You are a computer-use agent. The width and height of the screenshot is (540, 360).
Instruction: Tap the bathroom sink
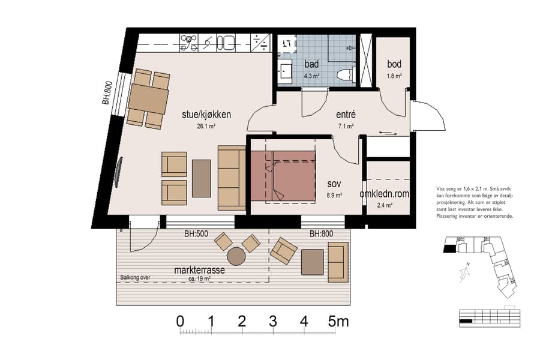[286, 72]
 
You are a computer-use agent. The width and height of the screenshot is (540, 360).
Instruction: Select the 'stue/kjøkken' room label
[206, 115]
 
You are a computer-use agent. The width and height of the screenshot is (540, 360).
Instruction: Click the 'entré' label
[346, 115]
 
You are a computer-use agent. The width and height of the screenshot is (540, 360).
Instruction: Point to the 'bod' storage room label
[394, 64]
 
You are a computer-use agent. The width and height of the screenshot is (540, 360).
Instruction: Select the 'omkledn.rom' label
[384, 194]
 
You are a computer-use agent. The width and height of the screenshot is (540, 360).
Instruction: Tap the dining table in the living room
[148, 99]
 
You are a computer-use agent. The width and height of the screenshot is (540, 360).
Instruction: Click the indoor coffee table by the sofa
[202, 178]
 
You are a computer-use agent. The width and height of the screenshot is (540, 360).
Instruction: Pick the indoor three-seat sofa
[232, 178]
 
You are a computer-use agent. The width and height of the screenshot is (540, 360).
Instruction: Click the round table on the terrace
[236, 257]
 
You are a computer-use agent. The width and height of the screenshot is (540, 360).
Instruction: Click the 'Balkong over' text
[135, 277]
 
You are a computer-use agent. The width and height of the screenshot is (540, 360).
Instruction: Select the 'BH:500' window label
[196, 235]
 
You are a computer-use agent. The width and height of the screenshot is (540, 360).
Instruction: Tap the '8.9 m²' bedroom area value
[334, 195]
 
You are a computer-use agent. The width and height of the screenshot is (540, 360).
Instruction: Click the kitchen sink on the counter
[226, 42]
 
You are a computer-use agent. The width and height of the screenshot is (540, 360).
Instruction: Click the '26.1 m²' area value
[206, 127]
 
